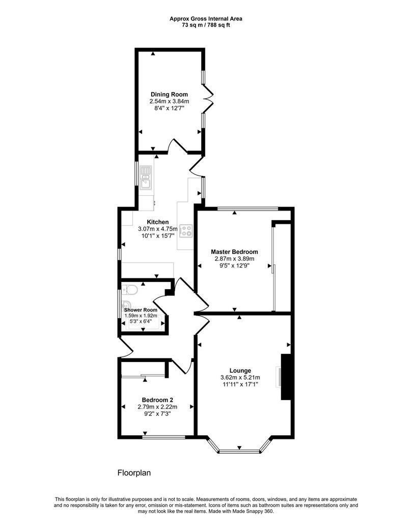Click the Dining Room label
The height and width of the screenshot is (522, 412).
[x=169, y=94]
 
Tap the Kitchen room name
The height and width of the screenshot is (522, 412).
[x=158, y=222]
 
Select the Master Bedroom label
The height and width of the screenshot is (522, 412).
[x=234, y=252]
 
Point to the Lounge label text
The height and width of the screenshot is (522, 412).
[x=240, y=371]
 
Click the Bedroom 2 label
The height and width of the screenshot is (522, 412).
[x=157, y=400]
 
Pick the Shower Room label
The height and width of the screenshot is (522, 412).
[x=141, y=310]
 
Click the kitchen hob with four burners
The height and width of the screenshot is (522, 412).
[x=186, y=231]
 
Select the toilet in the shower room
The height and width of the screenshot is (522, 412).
[x=130, y=290]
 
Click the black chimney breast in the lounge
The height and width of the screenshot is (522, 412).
[x=286, y=377]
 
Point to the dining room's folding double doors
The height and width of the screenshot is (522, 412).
[x=208, y=99]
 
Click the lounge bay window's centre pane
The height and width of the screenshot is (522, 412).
[x=239, y=452]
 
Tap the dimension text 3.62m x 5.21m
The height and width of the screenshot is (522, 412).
[x=240, y=378]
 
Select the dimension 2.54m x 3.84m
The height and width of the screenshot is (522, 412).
[x=169, y=101]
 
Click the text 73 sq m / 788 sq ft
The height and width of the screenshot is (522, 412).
[x=206, y=25]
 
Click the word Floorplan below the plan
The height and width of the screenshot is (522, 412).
[x=134, y=473]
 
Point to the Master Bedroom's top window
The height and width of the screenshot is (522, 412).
[x=248, y=209]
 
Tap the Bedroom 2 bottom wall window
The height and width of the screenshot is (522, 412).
[x=163, y=437]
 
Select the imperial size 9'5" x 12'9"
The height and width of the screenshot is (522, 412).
[x=234, y=266]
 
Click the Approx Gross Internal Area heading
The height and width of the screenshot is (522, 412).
[x=206, y=19]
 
